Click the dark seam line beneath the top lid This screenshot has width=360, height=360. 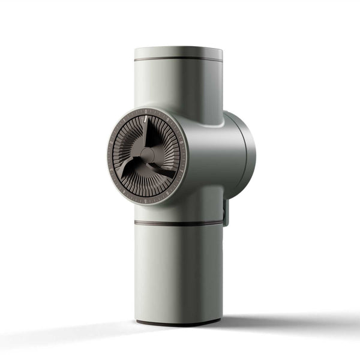coord(178,59)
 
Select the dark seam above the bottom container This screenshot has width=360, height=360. coord(178,223)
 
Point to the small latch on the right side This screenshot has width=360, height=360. coord(226,214)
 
